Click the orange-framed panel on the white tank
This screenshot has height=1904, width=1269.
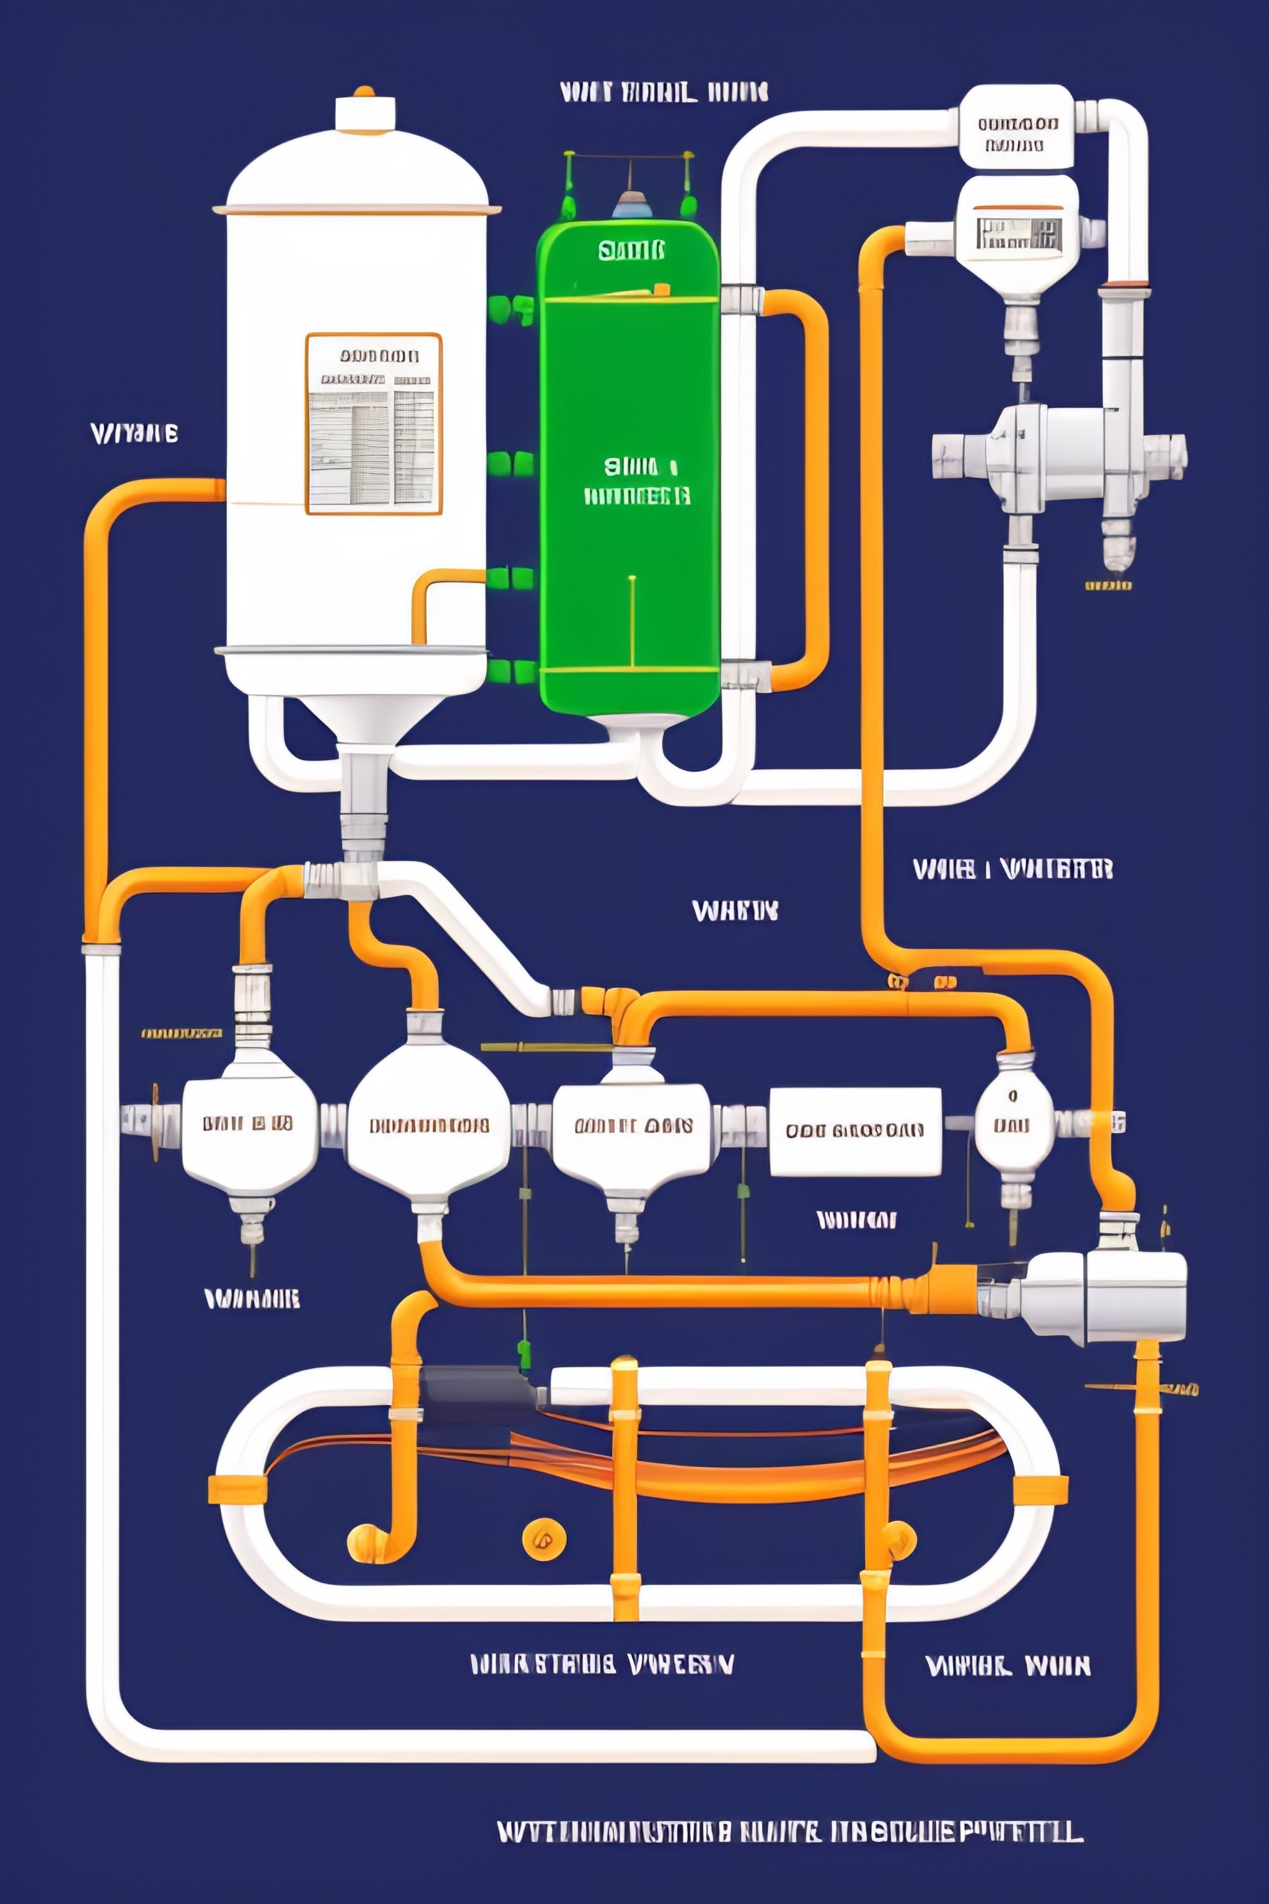click(x=374, y=423)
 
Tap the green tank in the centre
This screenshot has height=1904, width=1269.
click(x=630, y=470)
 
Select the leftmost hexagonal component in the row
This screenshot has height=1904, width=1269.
click(x=248, y=1126)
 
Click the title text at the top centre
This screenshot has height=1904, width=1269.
click(x=664, y=92)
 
